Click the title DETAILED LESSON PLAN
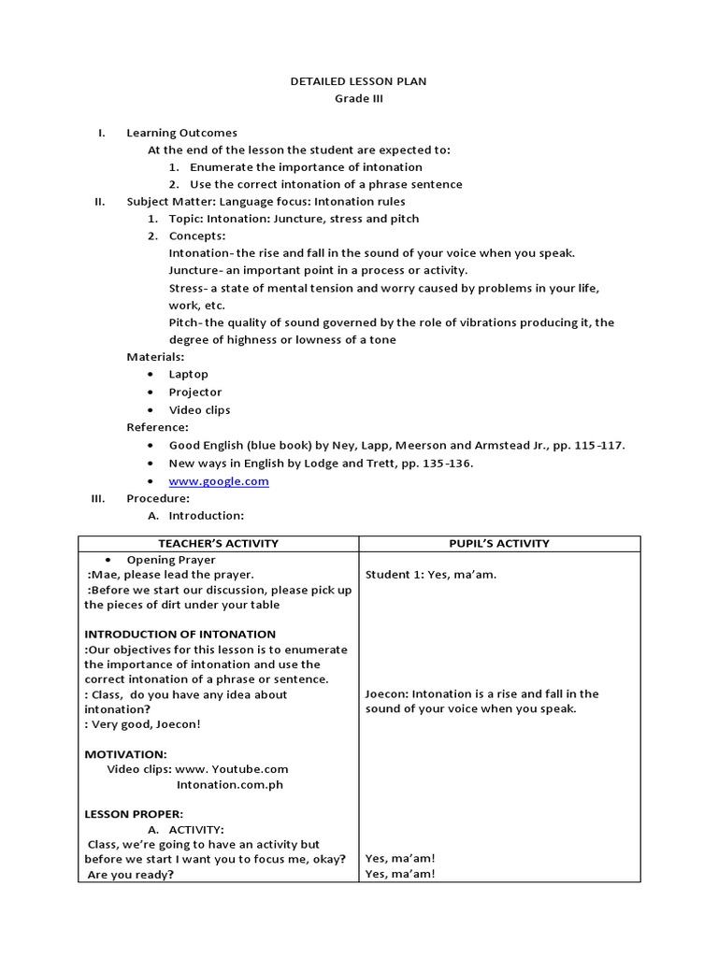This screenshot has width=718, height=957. click(358, 81)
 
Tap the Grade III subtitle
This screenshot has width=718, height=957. click(358, 98)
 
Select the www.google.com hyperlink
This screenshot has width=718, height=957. click(218, 481)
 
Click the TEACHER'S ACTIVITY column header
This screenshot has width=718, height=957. click(218, 543)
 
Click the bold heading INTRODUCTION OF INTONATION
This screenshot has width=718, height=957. click(179, 634)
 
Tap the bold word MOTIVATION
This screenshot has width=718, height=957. click(125, 753)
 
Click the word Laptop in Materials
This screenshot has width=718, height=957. click(188, 374)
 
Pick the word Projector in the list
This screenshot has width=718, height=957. click(194, 392)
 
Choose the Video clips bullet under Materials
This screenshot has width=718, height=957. click(199, 409)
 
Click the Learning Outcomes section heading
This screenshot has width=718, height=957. click(181, 133)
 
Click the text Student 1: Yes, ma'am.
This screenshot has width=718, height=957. click(430, 575)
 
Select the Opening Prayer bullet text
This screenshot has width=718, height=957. click(171, 559)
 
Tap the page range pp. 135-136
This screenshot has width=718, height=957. click(456, 463)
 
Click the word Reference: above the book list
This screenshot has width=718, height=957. click(157, 427)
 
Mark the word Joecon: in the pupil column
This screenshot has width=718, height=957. click(387, 694)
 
